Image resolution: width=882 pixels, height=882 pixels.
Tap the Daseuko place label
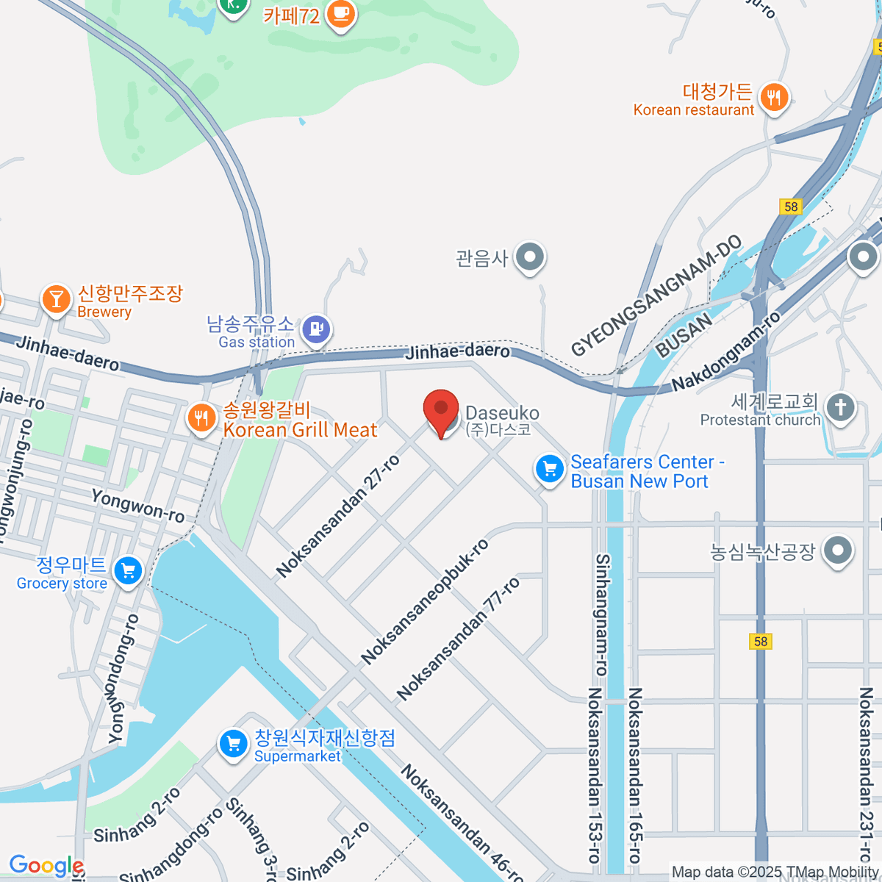tap(502, 414)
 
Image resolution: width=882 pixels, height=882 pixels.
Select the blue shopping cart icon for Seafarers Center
tap(549, 468)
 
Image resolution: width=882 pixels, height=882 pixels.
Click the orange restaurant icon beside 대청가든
tap(773, 97)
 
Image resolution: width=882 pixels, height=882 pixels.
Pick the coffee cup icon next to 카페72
tap(340, 12)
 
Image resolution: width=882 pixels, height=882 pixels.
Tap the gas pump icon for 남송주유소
tap(317, 329)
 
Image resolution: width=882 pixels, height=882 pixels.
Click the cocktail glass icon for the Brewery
tap(56, 299)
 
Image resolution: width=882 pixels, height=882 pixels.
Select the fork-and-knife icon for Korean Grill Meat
tap(201, 418)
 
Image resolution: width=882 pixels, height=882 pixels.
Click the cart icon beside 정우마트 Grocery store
tap(129, 570)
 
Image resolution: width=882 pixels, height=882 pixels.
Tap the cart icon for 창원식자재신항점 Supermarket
tap(234, 744)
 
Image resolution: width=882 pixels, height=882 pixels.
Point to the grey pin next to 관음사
tap(529, 257)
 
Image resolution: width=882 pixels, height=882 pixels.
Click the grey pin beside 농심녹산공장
tap(838, 550)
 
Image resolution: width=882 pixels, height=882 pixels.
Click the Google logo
tap(46, 865)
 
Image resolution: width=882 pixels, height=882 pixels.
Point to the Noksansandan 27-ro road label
tap(339, 516)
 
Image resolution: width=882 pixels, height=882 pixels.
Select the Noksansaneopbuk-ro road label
tap(425, 601)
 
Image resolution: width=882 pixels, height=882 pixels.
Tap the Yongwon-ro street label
tap(137, 506)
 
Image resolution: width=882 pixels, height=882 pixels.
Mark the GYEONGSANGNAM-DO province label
tap(656, 296)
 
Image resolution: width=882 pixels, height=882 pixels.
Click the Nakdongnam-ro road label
tap(726, 351)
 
